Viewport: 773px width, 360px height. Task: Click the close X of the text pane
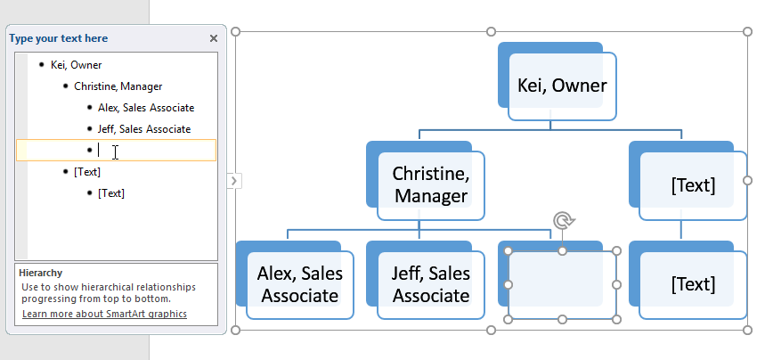(x=213, y=38)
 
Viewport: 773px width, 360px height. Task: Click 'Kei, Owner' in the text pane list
(x=76, y=65)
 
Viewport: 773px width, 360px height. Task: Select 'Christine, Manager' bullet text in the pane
(x=118, y=86)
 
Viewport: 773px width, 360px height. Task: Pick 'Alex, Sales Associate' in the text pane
(x=146, y=108)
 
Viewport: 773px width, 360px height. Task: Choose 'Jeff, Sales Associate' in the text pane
(x=144, y=129)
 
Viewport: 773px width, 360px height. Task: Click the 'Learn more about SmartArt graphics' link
(x=104, y=314)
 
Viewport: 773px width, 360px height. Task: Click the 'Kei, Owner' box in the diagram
(x=562, y=86)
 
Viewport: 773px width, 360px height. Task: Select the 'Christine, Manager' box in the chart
(x=430, y=184)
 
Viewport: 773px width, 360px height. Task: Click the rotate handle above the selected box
(x=562, y=220)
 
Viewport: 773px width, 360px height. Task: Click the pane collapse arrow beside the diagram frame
(x=234, y=181)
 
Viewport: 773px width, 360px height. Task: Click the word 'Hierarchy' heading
(x=41, y=274)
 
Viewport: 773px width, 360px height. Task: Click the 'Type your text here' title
(x=59, y=38)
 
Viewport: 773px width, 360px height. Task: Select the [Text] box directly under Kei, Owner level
(x=693, y=185)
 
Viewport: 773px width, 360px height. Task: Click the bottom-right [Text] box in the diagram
(x=693, y=284)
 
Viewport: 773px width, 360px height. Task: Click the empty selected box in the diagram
(x=562, y=285)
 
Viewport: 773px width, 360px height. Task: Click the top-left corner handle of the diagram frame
(x=236, y=32)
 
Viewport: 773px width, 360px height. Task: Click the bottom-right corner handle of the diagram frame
(x=746, y=331)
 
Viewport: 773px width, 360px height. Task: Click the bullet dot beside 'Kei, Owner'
(x=42, y=65)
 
